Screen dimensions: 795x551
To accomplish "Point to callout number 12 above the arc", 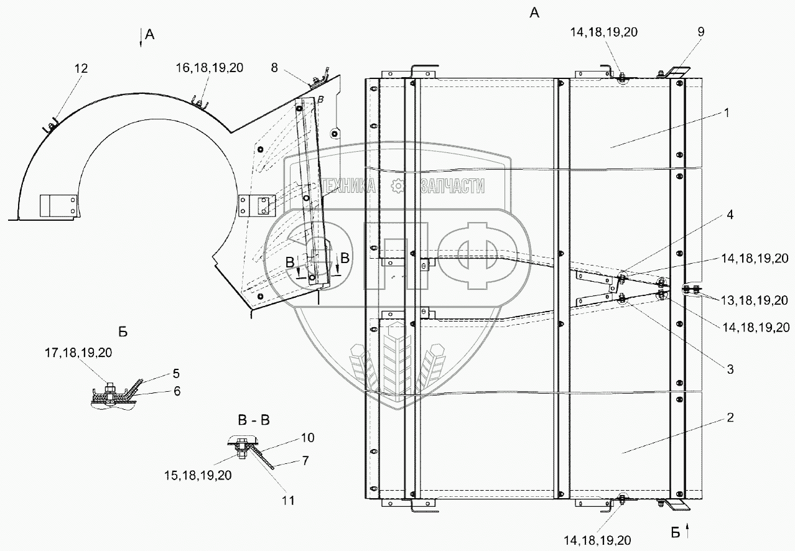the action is coord(82,68).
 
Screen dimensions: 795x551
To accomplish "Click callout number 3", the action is coord(730,369).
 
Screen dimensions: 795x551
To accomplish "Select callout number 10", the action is coord(308,438).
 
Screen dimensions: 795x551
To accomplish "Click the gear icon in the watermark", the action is coord(398,185).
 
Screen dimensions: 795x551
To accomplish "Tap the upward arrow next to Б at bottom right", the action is coord(688,531).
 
